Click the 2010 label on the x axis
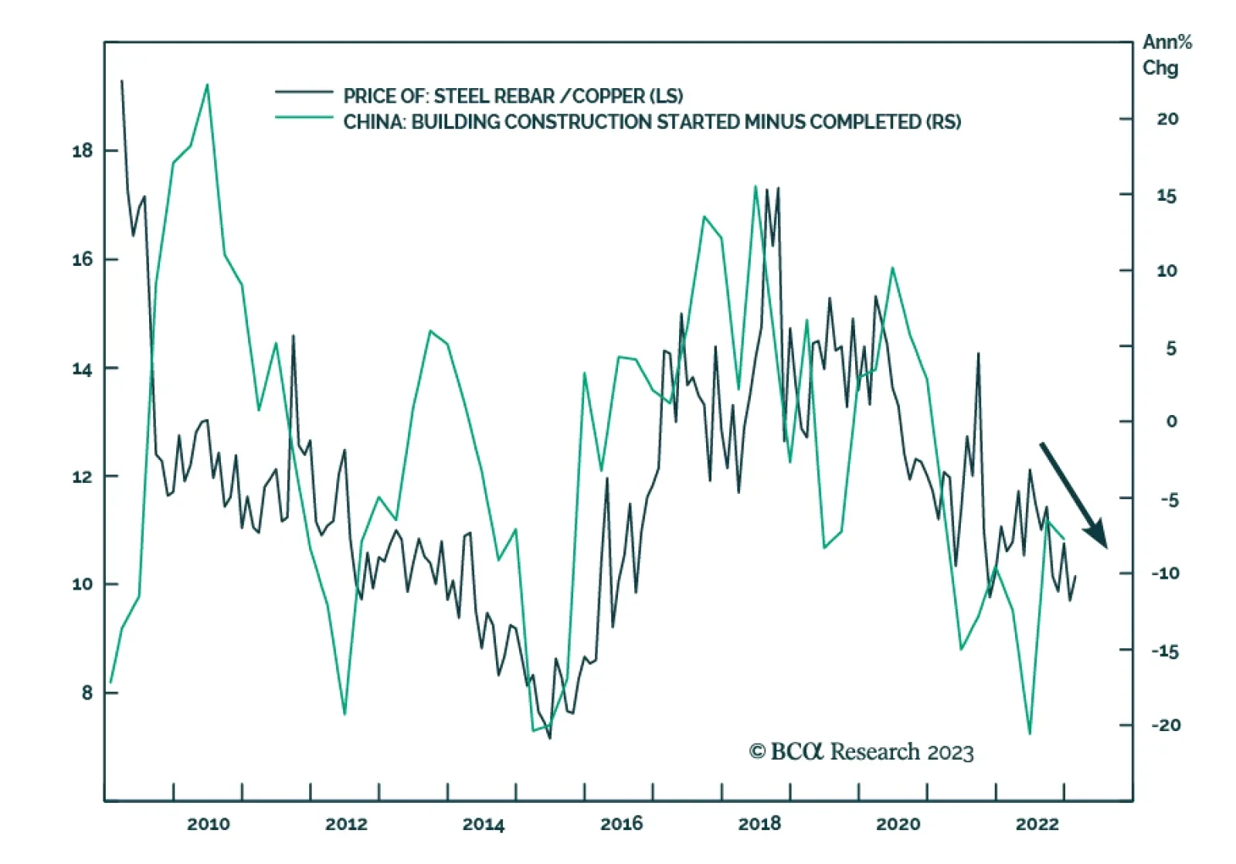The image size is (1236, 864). pyautogui.click(x=209, y=824)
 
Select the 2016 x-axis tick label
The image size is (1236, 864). pyautogui.click(x=622, y=824)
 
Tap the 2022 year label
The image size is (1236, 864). pyautogui.click(x=1037, y=824)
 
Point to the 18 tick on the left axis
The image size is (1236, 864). pyautogui.click(x=82, y=151)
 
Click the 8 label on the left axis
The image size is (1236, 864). pyautogui.click(x=87, y=692)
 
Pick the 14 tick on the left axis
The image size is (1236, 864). pyautogui.click(x=82, y=369)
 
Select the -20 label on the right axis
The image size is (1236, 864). pyautogui.click(x=1166, y=725)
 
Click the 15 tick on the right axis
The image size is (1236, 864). pyautogui.click(x=1166, y=196)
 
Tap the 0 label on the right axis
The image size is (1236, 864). pyautogui.click(x=1172, y=421)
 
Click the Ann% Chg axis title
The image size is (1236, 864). pyautogui.click(x=1166, y=54)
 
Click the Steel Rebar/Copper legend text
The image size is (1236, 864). pyautogui.click(x=513, y=96)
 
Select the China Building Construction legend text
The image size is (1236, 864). pyautogui.click(x=652, y=122)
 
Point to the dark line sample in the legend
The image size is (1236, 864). pyautogui.click(x=304, y=92)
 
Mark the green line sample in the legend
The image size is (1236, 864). pyautogui.click(x=304, y=117)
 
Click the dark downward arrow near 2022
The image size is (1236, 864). pyautogui.click(x=1074, y=495)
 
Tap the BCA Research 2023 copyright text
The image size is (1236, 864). pyautogui.click(x=861, y=752)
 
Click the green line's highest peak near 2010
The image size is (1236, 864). pyautogui.click(x=207, y=84)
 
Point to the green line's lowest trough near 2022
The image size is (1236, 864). pyautogui.click(x=1030, y=733)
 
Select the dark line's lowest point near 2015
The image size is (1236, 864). pyautogui.click(x=550, y=738)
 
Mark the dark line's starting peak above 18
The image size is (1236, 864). pyautogui.click(x=121, y=80)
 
